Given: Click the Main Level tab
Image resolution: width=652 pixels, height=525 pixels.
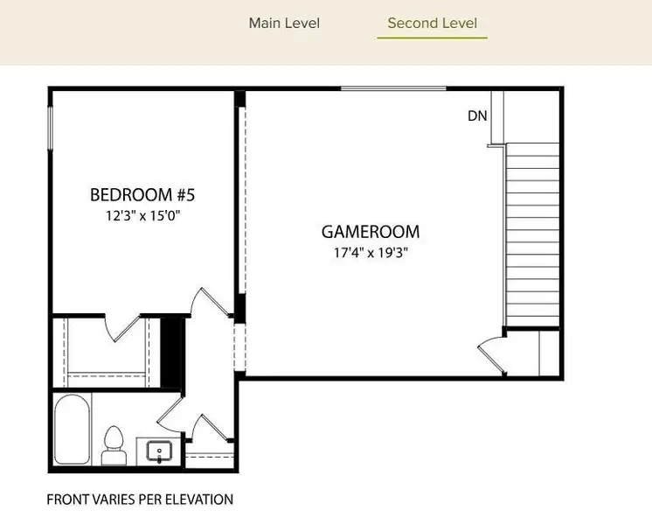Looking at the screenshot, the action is coord(284,23).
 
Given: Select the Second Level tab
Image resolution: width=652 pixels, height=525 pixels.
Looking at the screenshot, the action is coord(432,23).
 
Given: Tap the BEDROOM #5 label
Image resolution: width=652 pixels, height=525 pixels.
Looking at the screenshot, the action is coord(142,195).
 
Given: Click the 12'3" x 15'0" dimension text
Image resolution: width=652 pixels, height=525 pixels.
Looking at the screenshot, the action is coord(143,216).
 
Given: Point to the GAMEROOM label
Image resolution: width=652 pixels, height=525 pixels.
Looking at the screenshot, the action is coord(371,232).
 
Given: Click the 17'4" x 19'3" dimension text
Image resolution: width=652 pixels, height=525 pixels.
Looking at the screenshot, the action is coord(371,253).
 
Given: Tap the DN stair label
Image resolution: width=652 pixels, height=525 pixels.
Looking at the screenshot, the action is coord(477,115).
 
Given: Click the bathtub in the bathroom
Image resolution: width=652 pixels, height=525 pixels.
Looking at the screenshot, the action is coord(73,430).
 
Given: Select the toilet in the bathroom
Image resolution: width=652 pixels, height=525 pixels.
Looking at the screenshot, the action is coord(114,445).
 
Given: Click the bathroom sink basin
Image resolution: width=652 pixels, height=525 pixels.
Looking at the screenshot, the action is coord(159,451).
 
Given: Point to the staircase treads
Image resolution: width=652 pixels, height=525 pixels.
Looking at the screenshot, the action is coord(532,234).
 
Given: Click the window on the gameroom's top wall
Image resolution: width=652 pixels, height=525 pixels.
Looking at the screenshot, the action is coord(393,88).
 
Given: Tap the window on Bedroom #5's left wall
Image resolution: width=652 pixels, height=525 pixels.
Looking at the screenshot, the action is coord(51,128).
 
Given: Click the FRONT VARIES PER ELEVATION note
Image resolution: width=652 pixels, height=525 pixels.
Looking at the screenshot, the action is coord(140,499).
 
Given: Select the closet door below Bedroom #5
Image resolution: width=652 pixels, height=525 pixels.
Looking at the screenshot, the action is coord(122,328).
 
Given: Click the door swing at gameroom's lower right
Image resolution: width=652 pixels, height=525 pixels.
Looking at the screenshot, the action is coord(491,353).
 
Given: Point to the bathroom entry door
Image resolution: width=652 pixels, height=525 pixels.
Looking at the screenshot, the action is coord(170,415).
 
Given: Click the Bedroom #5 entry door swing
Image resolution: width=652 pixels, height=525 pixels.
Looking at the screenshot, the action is coord(211,301).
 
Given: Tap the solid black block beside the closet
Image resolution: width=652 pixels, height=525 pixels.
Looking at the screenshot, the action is coord(172,353).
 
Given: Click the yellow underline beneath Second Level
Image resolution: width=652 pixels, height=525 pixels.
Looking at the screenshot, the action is coord(432,38).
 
